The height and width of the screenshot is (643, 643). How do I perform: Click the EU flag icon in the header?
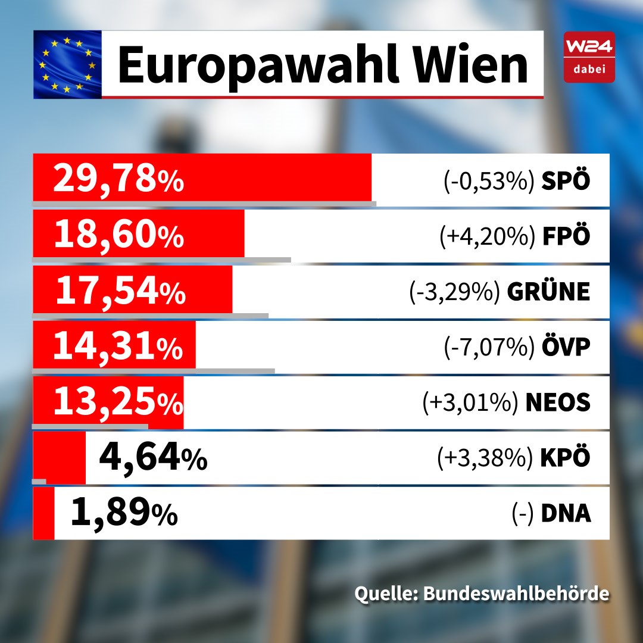pyautogui.click(x=67, y=64)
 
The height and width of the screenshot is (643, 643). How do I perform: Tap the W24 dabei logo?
pyautogui.click(x=589, y=57)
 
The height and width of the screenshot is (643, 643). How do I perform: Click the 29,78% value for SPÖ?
pyautogui.click(x=118, y=179)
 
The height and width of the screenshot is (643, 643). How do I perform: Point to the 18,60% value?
pyautogui.click(x=118, y=235)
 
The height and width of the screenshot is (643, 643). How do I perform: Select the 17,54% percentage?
pyautogui.click(x=120, y=291)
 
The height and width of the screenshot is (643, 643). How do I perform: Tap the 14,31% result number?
pyautogui.click(x=117, y=347)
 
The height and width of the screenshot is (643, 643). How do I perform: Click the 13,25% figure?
pyautogui.click(x=117, y=402)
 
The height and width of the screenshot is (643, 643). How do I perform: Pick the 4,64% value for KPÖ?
pyautogui.click(x=152, y=458)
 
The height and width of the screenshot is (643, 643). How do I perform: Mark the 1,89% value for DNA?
pyautogui.click(x=123, y=513)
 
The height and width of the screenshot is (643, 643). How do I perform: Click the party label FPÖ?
pyautogui.click(x=566, y=236)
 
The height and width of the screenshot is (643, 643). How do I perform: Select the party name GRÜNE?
pyautogui.click(x=548, y=292)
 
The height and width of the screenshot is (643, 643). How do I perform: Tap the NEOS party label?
pyautogui.click(x=557, y=402)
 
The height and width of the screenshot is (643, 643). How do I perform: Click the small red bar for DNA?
pyautogui.click(x=43, y=513)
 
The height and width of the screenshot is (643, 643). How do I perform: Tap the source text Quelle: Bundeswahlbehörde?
pyautogui.click(x=482, y=594)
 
